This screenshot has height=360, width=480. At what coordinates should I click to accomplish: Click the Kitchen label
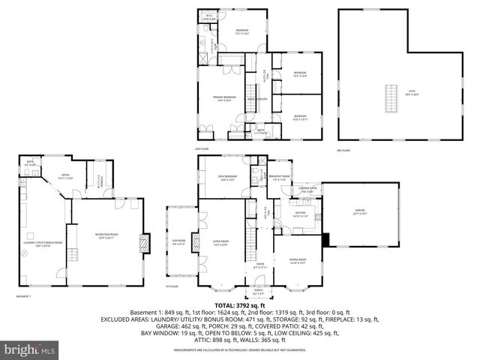300,214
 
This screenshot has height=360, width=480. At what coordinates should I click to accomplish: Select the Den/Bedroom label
227,178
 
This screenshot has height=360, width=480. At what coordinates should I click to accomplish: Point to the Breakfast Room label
282,178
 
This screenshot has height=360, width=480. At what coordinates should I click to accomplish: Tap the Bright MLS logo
30,349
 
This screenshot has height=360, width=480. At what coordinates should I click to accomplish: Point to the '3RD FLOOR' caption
344,151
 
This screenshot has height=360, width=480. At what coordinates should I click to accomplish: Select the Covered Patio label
308,190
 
